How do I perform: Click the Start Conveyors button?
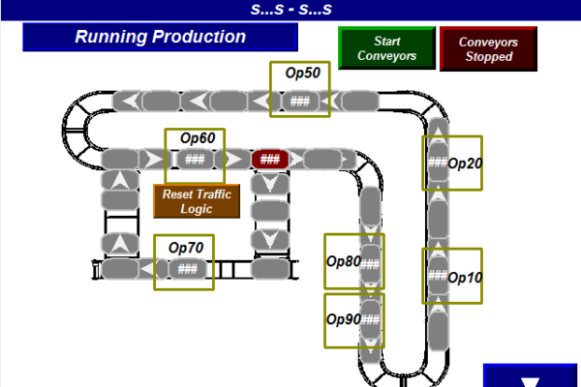tap(386, 48)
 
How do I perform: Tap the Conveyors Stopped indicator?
tap(488, 48)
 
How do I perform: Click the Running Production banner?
tap(160, 38)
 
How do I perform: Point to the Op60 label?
tap(195, 138)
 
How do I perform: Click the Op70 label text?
tap(185, 247)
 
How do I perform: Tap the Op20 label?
tap(465, 163)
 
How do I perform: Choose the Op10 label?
tap(465, 277)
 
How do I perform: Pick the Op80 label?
tap(343, 260)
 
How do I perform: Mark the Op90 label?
tap(343, 318)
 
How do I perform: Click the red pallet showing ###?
tap(270, 159)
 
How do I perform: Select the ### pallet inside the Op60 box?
tap(195, 159)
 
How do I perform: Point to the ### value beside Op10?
tap(438, 277)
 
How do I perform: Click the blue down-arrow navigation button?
tap(531, 377)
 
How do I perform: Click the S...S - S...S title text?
tap(290, 10)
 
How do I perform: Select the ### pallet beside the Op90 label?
tap(371, 318)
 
